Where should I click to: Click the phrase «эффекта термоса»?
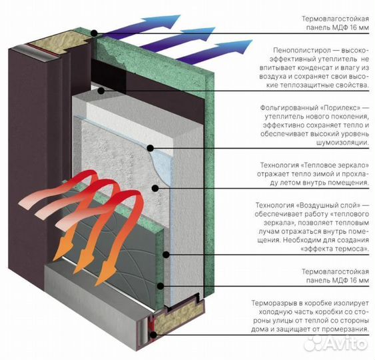pyautogui.click(x=334, y=249)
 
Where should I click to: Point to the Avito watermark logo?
pyautogui.click(x=335, y=343)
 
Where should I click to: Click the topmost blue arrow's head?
pyautogui.click(x=173, y=19)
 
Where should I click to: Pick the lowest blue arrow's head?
pyautogui.click(x=244, y=45)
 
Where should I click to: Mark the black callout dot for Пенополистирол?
pyautogui.click(x=101, y=91)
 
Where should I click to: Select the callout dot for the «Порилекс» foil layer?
pyautogui.click(x=150, y=148)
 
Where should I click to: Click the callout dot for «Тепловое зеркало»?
pyautogui.click(x=155, y=188)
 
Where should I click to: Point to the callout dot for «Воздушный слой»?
pyautogui.click(x=167, y=255)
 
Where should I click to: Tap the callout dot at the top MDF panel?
pyautogui.click(x=95, y=33)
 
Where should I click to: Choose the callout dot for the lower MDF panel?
pyautogui.click(x=161, y=286)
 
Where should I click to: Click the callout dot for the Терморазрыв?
pyautogui.click(x=154, y=335)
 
